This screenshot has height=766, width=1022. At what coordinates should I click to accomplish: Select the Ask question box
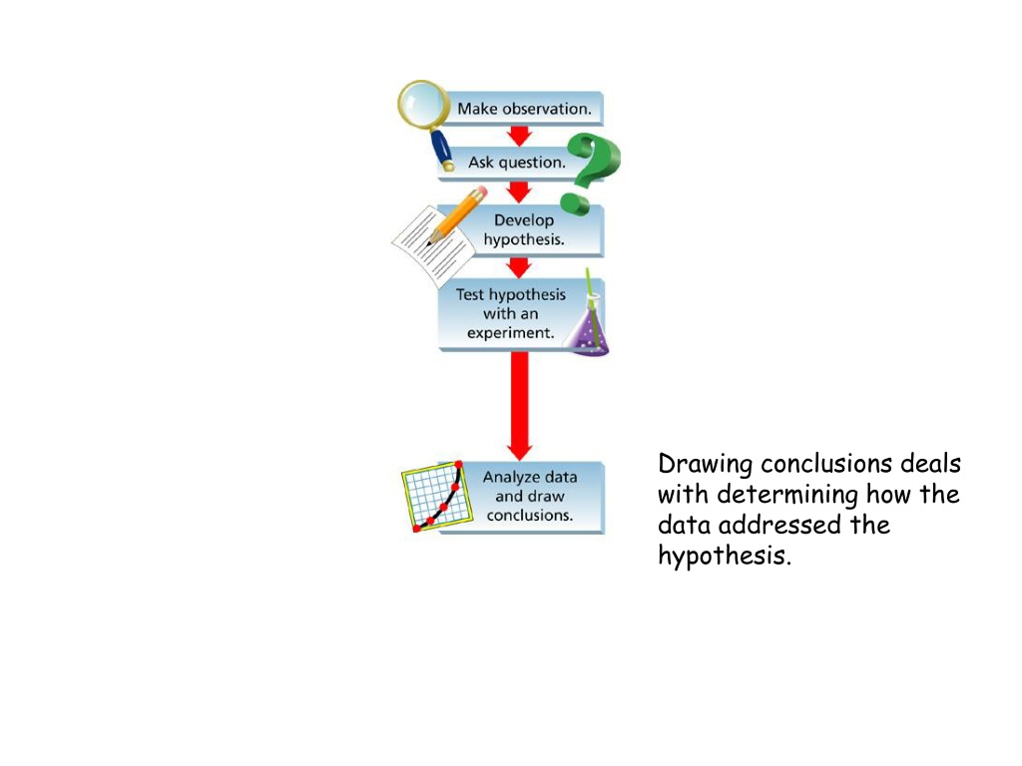pyautogui.click(x=515, y=163)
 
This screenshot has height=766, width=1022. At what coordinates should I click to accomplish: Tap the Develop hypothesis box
pyautogui.click(x=521, y=230)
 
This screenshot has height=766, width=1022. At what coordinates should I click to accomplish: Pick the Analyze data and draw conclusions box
pyautogui.click(x=521, y=497)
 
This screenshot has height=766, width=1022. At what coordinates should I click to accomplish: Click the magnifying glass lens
pyautogui.click(x=423, y=104)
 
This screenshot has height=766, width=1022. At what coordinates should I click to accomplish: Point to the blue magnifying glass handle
pyautogui.click(x=442, y=151)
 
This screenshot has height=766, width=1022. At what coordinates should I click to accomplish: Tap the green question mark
pyautogui.click(x=593, y=171)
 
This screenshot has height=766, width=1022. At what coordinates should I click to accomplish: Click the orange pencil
pyautogui.click(x=456, y=215)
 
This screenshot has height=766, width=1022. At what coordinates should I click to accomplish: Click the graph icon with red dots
pyautogui.click(x=437, y=497)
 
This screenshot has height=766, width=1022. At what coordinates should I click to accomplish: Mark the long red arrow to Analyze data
pyautogui.click(x=519, y=406)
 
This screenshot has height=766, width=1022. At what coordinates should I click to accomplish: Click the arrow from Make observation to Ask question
pyautogui.click(x=519, y=136)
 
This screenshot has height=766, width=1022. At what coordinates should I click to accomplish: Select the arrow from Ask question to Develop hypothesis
pyautogui.click(x=519, y=192)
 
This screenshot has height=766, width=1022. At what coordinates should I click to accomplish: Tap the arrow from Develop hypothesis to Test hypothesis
pyautogui.click(x=519, y=267)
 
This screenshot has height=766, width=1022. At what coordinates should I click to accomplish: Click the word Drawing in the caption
pyautogui.click(x=706, y=465)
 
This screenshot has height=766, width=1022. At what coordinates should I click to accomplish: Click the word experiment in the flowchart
pyautogui.click(x=510, y=333)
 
